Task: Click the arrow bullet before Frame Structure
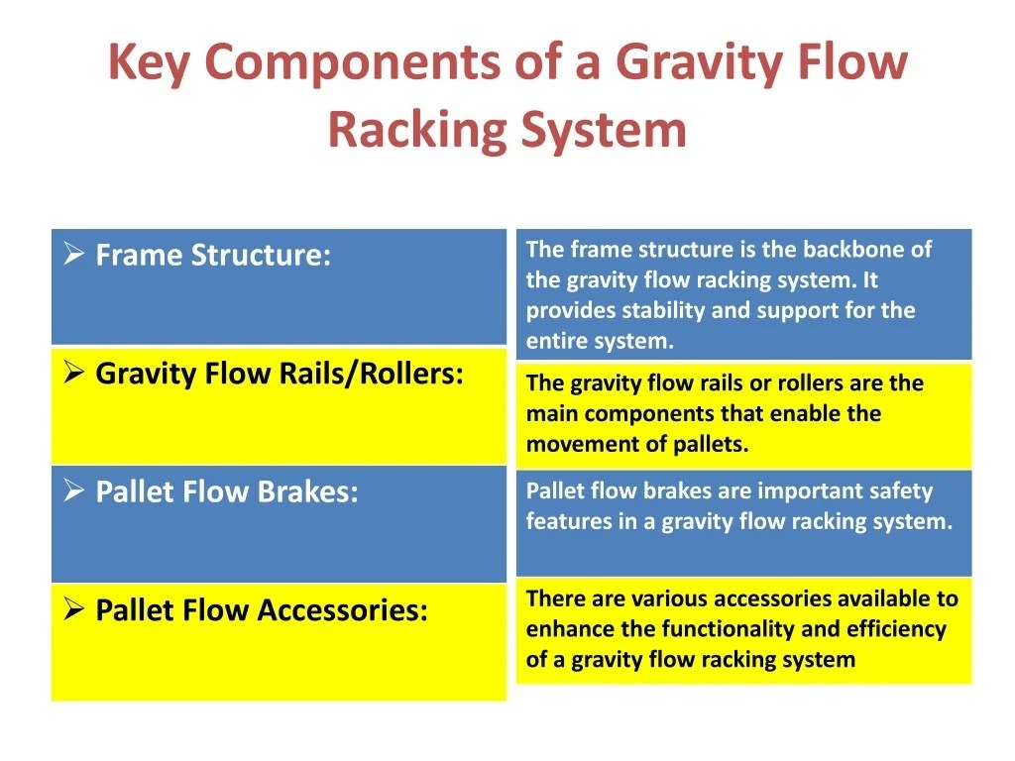[73, 255]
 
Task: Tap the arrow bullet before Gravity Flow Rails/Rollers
[73, 374]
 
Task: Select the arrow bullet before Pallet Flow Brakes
[73, 491]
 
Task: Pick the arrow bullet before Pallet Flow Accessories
[73, 609]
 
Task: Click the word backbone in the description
[855, 249]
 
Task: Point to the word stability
[663, 310]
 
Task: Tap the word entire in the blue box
[558, 341]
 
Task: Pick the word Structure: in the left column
[261, 255]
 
